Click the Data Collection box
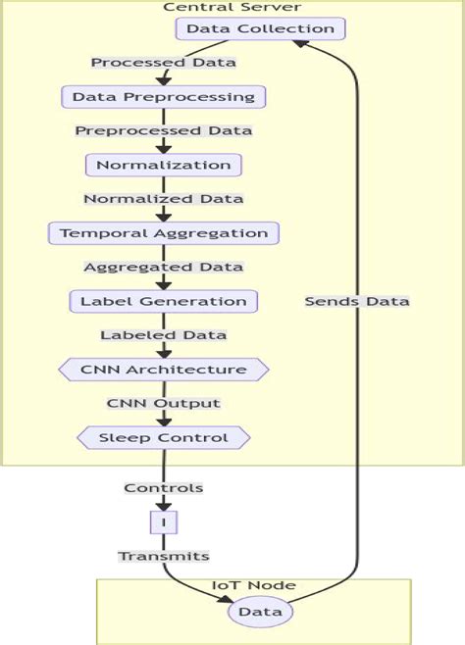click(x=261, y=28)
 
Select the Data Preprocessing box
click(x=164, y=97)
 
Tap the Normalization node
click(x=164, y=165)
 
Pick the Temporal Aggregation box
click(x=164, y=233)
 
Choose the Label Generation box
click(x=164, y=301)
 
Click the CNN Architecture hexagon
click(x=164, y=370)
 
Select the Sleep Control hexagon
click(x=164, y=437)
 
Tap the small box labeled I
click(x=164, y=521)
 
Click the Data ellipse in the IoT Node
click(x=261, y=612)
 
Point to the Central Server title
click(x=232, y=8)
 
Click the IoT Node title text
click(x=254, y=586)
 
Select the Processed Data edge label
click(x=164, y=63)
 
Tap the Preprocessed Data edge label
click(x=164, y=130)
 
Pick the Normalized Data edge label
click(x=164, y=199)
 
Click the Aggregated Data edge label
click(x=164, y=267)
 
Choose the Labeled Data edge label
click(x=164, y=335)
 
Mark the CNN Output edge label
click(x=164, y=403)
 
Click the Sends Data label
click(x=357, y=301)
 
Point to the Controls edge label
click(x=164, y=487)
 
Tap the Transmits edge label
click(x=164, y=556)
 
